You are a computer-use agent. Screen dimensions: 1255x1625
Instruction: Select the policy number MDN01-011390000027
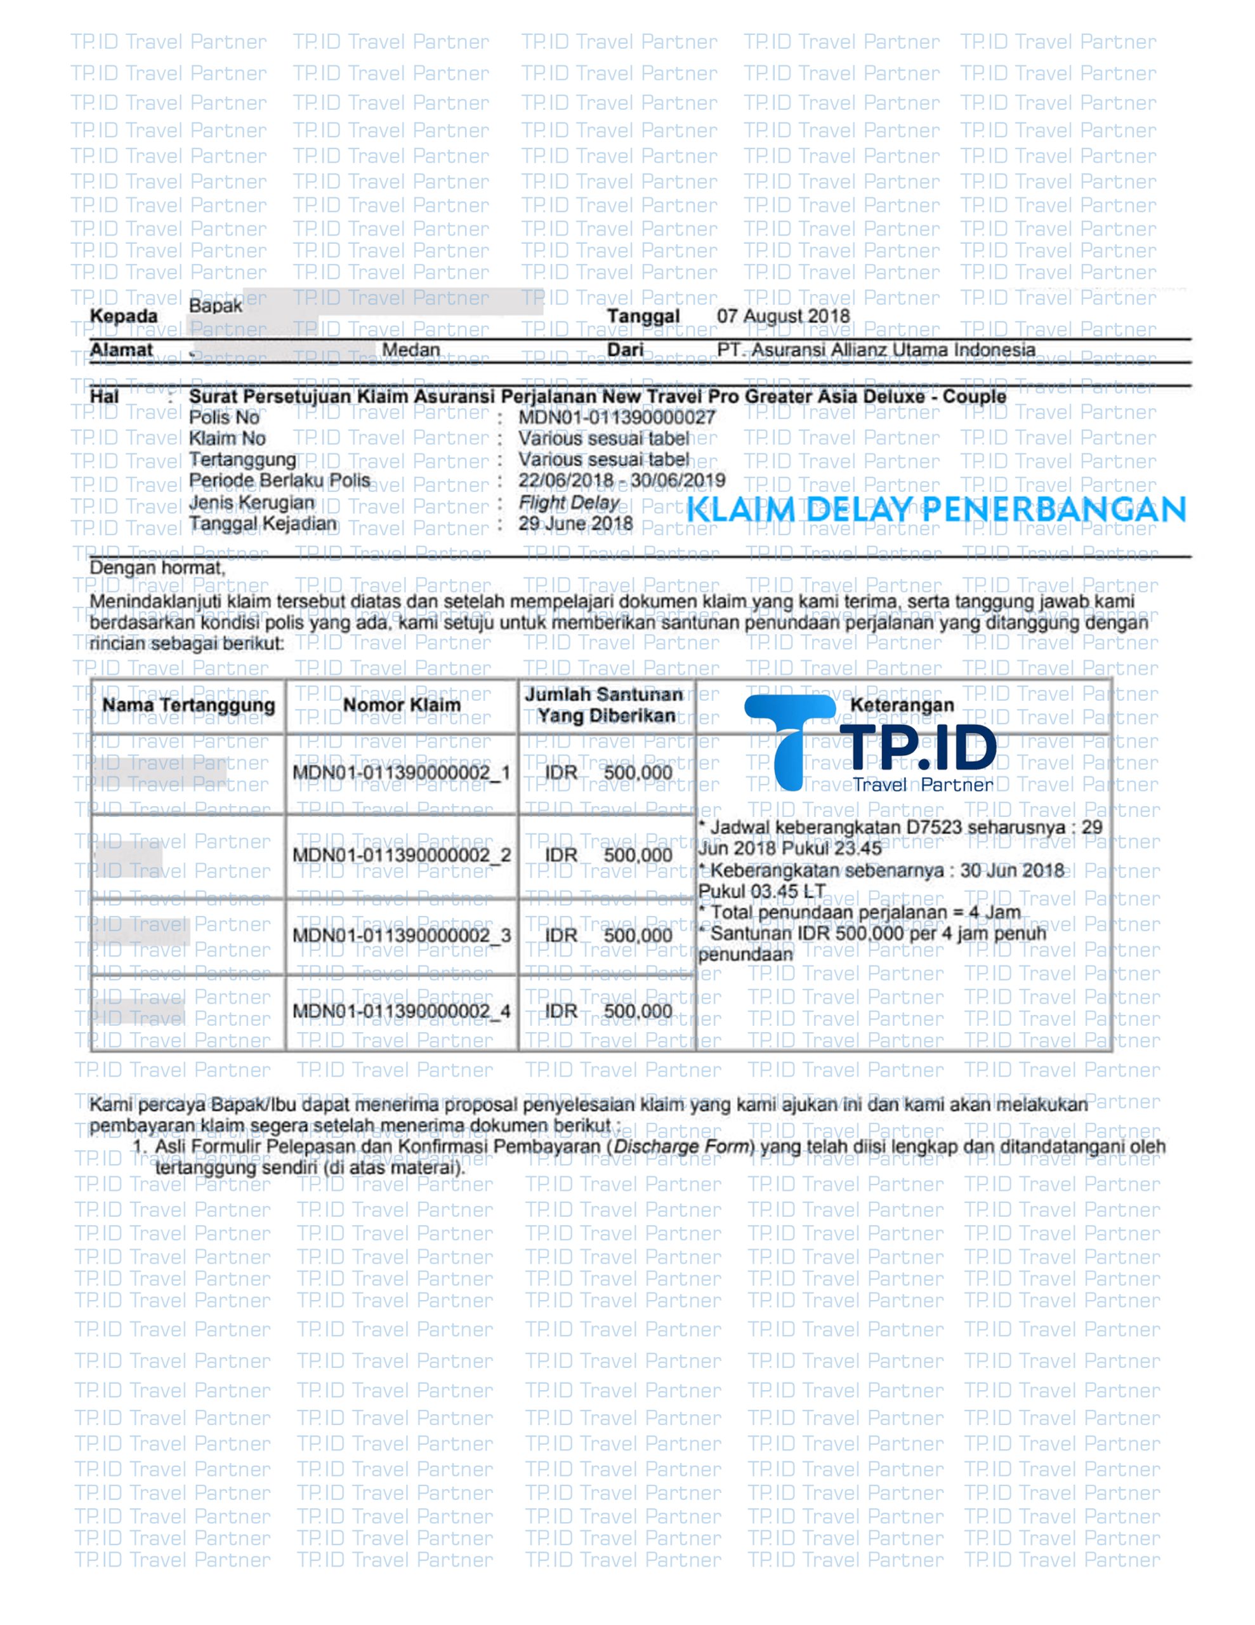(617, 418)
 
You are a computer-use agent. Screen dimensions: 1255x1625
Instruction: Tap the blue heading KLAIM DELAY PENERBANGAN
(935, 510)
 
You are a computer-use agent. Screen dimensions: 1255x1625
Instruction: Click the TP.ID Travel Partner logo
(871, 743)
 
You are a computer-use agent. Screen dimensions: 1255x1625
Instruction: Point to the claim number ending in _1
(401, 773)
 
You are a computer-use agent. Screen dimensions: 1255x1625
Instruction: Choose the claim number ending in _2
(401, 855)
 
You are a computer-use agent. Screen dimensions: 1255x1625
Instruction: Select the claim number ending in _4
(401, 1011)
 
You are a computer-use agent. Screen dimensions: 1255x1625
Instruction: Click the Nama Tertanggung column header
(188, 705)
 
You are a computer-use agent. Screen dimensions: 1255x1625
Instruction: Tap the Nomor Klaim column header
(401, 705)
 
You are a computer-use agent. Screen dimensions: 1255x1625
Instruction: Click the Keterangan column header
(902, 705)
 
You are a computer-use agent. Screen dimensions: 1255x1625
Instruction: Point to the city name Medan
(411, 350)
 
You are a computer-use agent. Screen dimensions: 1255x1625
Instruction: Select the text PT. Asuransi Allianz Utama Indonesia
(876, 350)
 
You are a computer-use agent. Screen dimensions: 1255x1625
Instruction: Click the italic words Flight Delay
(569, 503)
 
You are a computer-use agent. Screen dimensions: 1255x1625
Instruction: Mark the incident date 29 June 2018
(575, 524)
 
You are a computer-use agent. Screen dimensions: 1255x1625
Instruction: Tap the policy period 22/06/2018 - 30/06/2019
(621, 481)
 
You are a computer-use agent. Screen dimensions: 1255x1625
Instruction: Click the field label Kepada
(124, 316)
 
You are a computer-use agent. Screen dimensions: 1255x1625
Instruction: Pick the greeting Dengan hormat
(156, 569)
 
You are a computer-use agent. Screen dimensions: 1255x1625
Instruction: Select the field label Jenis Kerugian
(251, 503)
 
